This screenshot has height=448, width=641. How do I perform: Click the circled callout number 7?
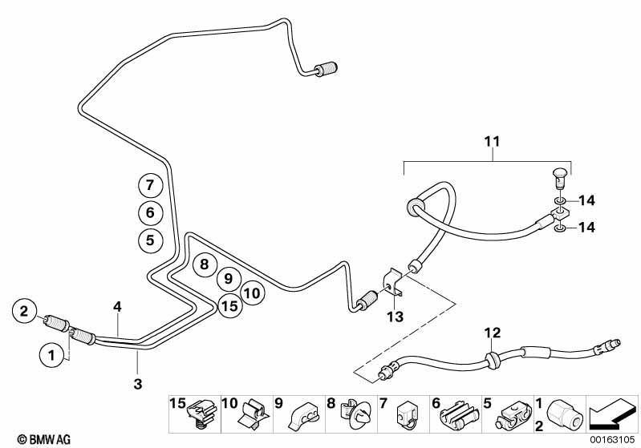point(150,186)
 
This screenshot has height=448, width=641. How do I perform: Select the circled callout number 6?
point(150,212)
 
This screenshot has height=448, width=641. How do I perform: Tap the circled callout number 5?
point(150,240)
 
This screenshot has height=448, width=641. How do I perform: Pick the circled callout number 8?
point(204,264)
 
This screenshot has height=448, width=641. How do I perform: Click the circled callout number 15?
point(229,305)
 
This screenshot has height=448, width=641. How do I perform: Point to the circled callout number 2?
point(24,312)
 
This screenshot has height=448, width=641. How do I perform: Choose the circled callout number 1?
point(52,355)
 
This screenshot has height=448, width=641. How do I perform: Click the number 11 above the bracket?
point(493,141)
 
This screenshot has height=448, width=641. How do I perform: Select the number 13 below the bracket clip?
point(395,317)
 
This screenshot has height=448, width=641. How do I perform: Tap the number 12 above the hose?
point(493,333)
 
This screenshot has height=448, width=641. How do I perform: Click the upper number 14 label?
point(586,200)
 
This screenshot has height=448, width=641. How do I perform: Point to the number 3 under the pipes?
point(138,384)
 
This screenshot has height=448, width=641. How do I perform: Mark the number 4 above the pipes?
point(118,306)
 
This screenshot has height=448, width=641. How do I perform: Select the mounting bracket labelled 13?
point(392,282)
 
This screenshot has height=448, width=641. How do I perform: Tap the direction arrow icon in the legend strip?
point(612,414)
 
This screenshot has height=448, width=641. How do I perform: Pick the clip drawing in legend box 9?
point(303,415)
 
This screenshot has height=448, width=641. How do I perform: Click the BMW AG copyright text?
point(44,440)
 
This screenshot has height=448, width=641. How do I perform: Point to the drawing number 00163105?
point(612,440)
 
